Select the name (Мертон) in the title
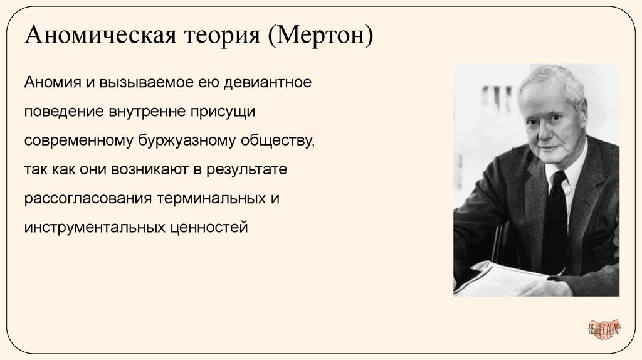pos(321,37)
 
